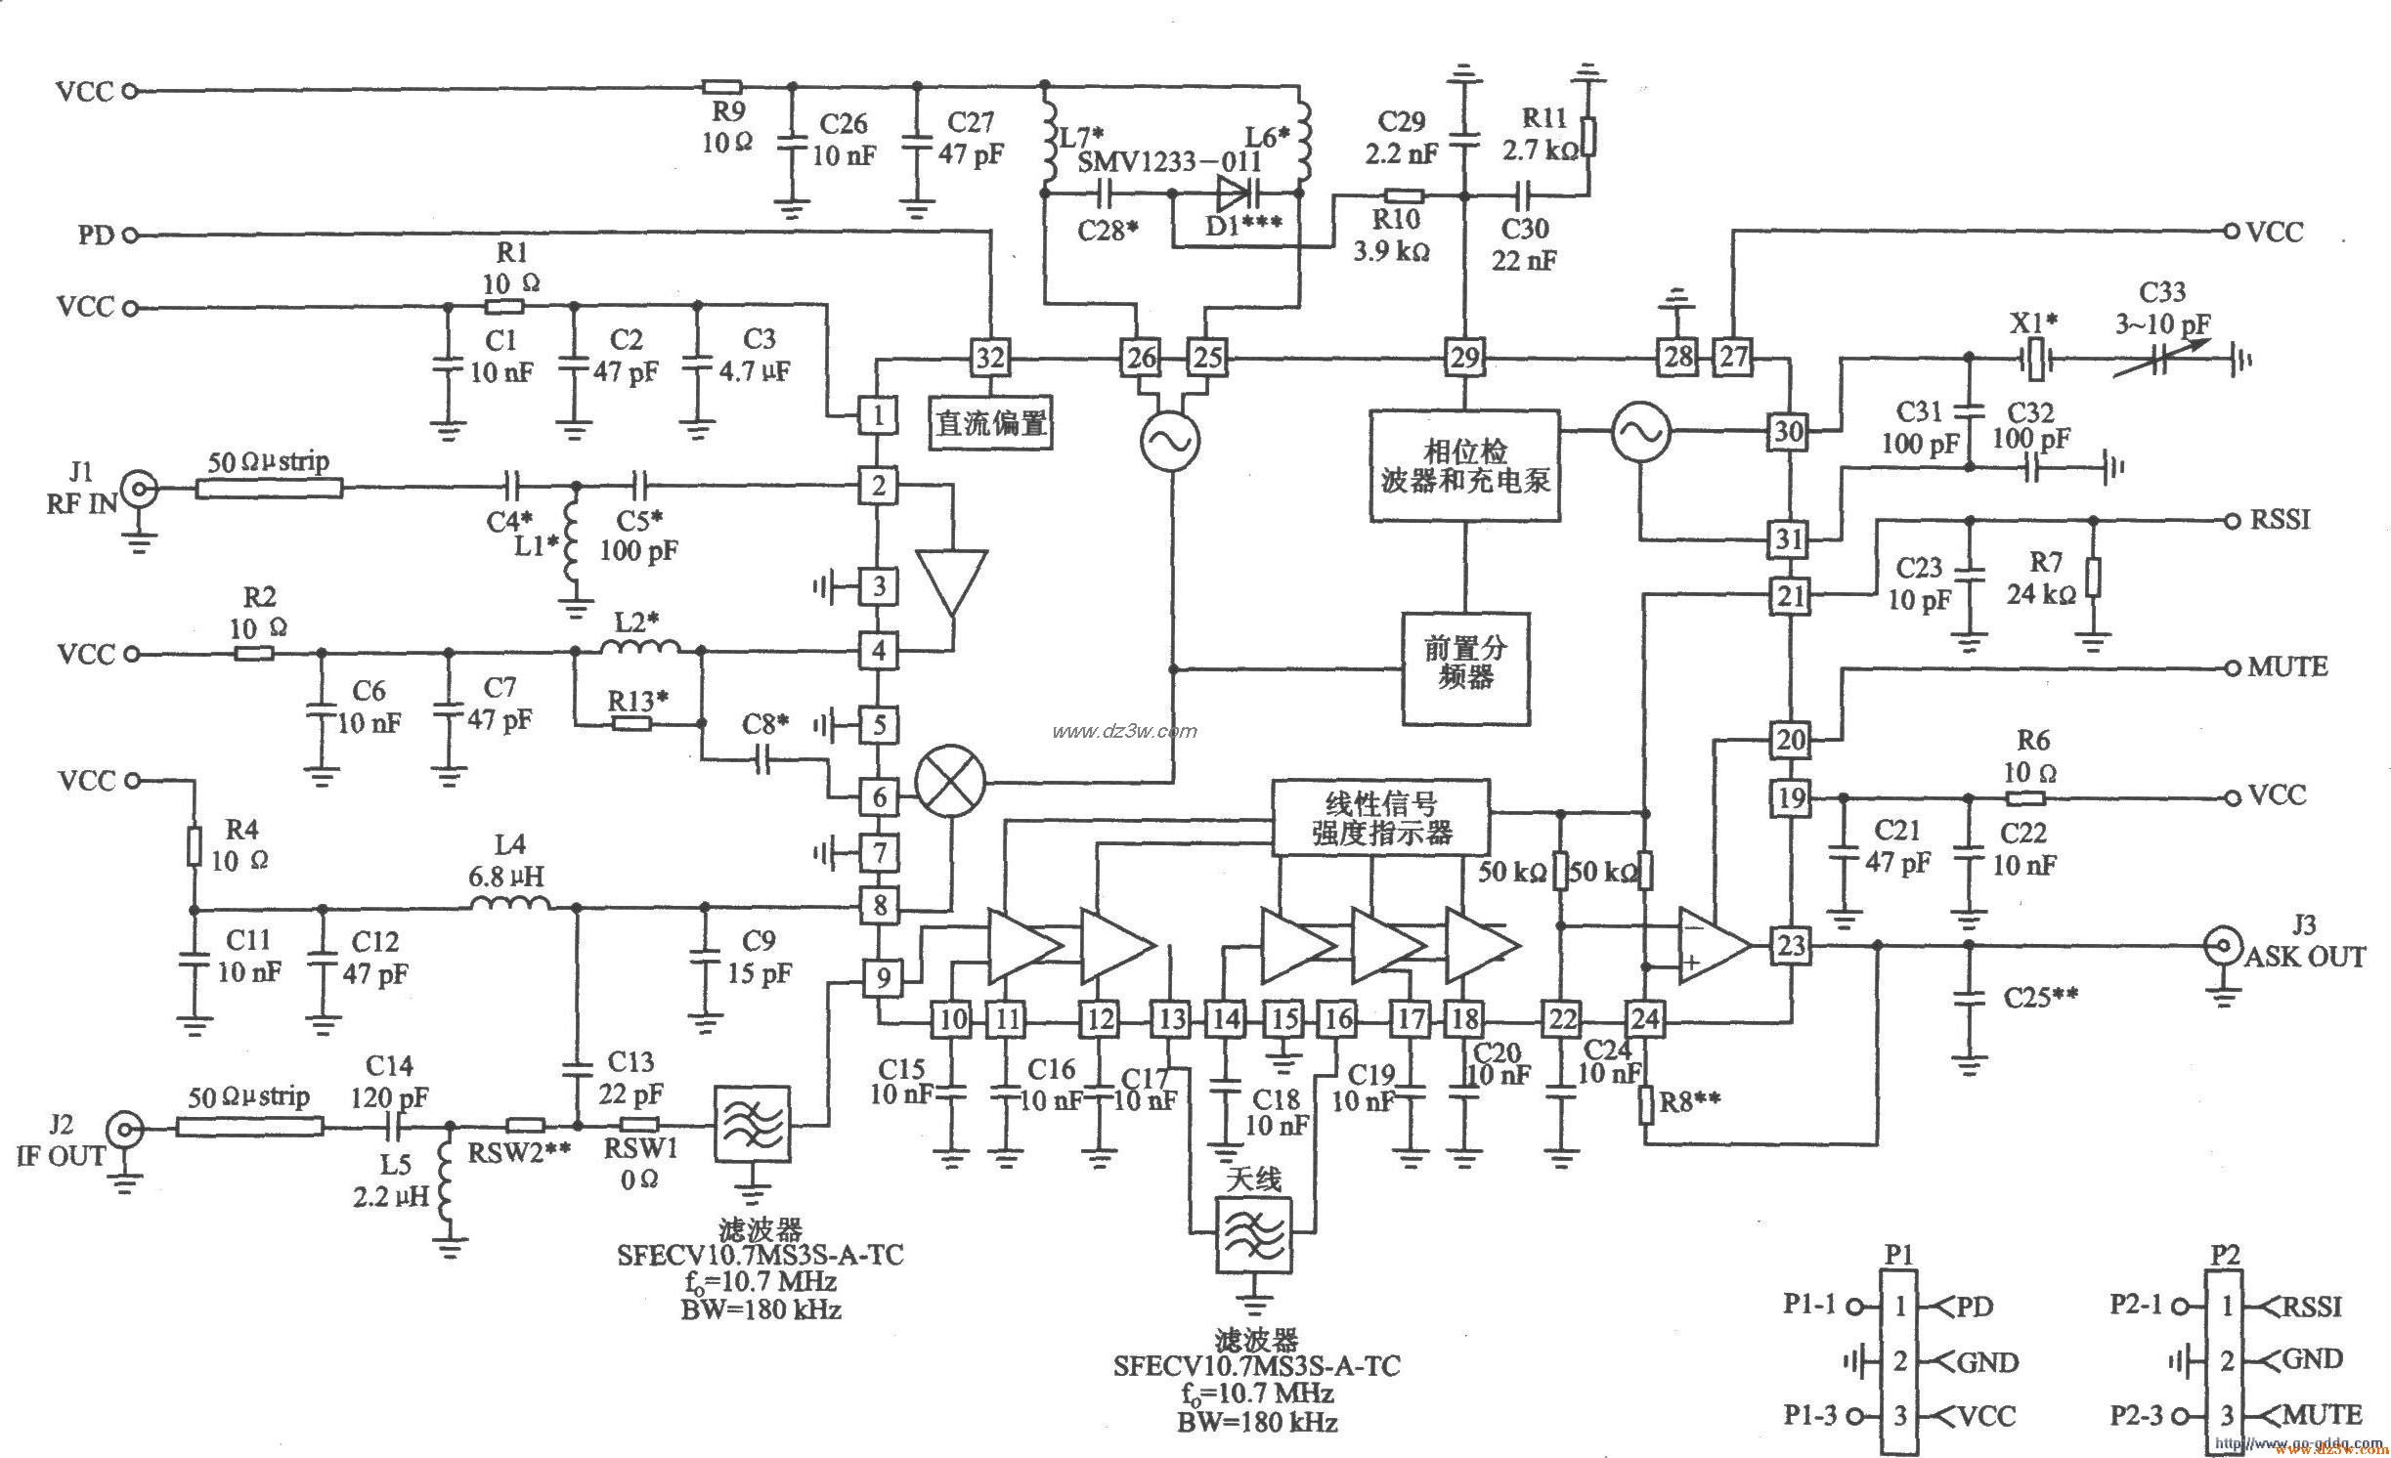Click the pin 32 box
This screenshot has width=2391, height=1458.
tap(989, 358)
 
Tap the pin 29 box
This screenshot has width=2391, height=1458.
tap(1463, 358)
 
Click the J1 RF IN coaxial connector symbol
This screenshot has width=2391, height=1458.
tap(140, 487)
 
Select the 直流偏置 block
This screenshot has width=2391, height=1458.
tap(990, 423)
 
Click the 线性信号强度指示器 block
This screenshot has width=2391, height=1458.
tap(1380, 818)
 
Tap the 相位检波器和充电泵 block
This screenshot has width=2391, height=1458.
tap(1463, 465)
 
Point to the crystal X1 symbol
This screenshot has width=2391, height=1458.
tap(2034, 360)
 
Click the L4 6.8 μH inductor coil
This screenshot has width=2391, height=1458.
tap(509, 905)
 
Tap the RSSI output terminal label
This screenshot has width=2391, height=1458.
tap(2280, 519)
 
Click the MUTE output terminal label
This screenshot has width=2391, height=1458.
tap(2287, 667)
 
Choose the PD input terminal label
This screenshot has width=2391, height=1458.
tap(96, 235)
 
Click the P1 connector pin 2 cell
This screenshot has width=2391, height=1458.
tap(1899, 1360)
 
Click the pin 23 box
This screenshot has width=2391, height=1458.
tap(1790, 945)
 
